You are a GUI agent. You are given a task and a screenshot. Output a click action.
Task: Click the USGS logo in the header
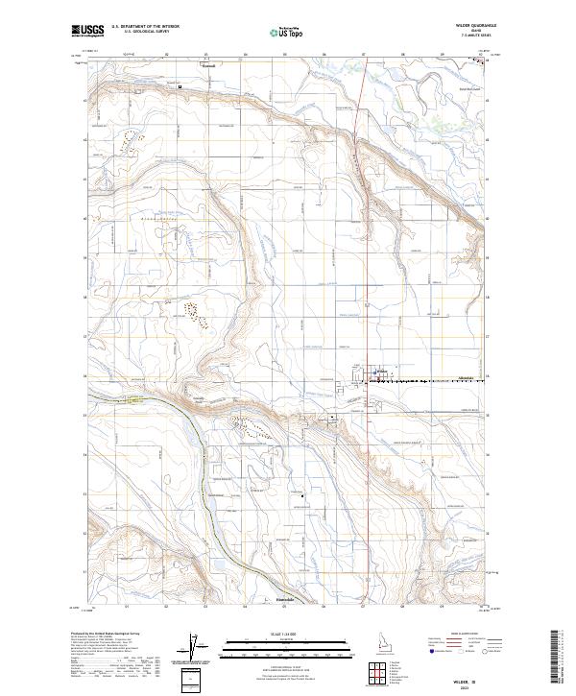coord(88,31)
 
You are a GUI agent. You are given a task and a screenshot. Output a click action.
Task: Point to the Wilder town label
coord(381,370)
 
